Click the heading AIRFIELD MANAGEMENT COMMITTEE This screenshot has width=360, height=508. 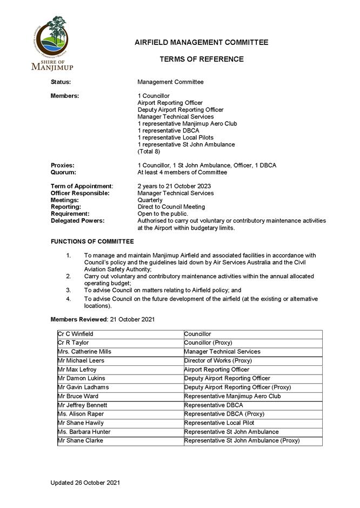click(201, 43)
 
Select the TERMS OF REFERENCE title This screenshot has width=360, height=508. click(201, 59)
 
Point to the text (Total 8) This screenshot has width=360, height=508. click(150, 152)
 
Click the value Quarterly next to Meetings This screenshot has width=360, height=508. click(150, 200)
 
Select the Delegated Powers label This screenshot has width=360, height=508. click(77, 220)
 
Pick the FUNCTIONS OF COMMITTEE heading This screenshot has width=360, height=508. click(92, 242)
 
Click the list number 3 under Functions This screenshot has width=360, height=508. click(69, 290)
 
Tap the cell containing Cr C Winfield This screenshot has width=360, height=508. click(75, 335)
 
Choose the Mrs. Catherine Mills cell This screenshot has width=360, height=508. click(84, 352)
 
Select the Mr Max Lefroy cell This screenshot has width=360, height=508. click(77, 370)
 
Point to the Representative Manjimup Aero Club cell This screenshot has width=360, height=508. click(232, 396)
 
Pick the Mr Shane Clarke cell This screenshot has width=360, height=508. click(80, 440)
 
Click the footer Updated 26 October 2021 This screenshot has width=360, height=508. click(85, 482)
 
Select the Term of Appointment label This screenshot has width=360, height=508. click(82, 186)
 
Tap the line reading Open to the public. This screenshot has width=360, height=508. click(162, 213)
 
